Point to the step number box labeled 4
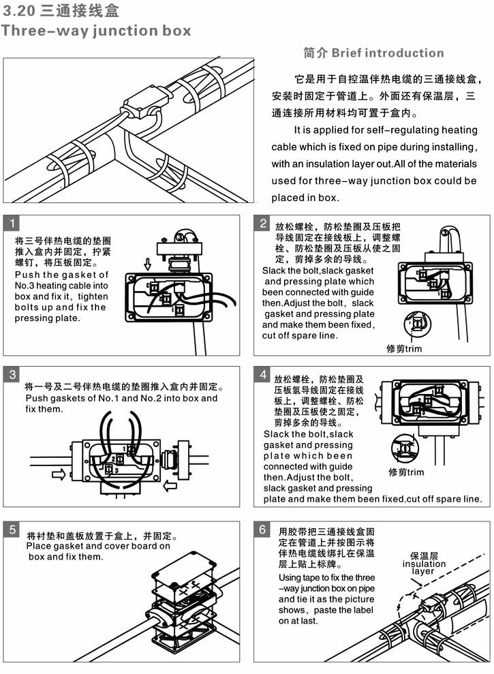click(263, 375)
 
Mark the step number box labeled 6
click(263, 530)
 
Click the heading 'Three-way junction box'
click(95, 31)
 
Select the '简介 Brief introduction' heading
click(373, 53)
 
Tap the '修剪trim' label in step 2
click(404, 349)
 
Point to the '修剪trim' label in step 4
click(406, 472)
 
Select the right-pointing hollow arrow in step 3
click(59, 474)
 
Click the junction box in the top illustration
click(144, 104)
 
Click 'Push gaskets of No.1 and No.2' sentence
click(121, 398)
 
